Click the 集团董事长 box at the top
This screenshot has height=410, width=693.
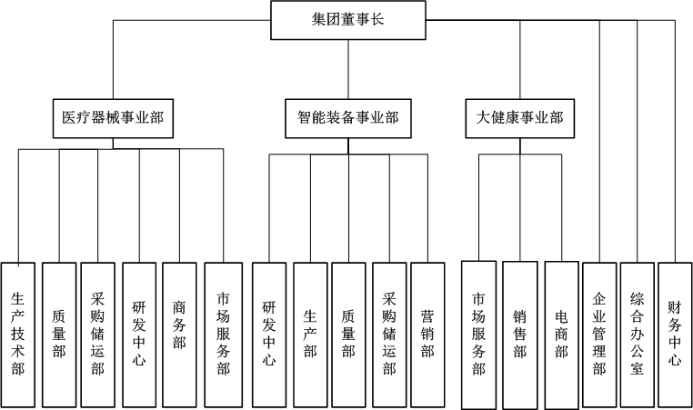[347, 20]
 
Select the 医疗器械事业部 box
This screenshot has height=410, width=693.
[113, 118]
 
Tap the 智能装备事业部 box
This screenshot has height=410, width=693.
[347, 118]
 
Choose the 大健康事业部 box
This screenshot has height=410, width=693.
[520, 118]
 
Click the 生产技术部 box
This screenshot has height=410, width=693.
[17, 335]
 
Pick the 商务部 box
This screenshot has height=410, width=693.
[179, 335]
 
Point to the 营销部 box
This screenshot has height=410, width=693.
[427, 335]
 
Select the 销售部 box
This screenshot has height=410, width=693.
[520, 335]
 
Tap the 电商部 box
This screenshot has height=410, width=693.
[561, 335]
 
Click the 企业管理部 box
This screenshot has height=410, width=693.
[599, 335]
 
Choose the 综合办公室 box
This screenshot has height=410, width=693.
[637, 335]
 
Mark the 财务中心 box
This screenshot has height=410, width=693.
[675, 335]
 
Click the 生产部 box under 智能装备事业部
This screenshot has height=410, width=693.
[310, 335]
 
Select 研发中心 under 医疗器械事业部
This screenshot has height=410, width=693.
[139, 335]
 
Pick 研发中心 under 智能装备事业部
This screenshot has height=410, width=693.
[268, 335]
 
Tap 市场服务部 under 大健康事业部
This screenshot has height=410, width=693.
[478, 335]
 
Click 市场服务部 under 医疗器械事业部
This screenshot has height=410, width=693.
[223, 335]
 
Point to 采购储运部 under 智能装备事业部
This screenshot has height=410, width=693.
[389, 335]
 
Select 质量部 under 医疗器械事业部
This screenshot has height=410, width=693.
[59, 335]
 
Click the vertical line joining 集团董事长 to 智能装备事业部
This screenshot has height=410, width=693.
[348, 69]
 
